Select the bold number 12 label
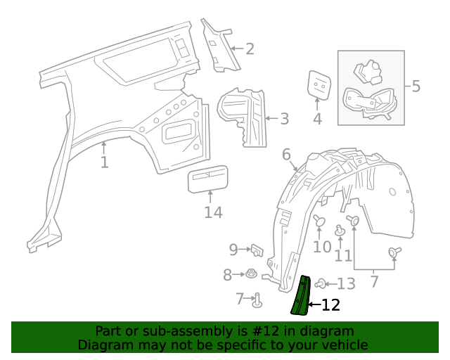click(330, 305)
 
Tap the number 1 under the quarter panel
click(104, 163)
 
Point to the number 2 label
click(249, 49)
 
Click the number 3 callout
click(284, 119)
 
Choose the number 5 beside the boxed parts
click(416, 86)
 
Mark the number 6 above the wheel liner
click(287, 154)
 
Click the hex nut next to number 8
click(251, 274)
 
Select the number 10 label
click(322, 247)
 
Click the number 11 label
click(343, 255)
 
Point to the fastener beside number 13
click(321, 283)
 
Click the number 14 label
click(213, 212)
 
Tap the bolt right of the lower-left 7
click(257, 300)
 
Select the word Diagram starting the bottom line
click(101, 345)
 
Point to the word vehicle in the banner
click(345, 345)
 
